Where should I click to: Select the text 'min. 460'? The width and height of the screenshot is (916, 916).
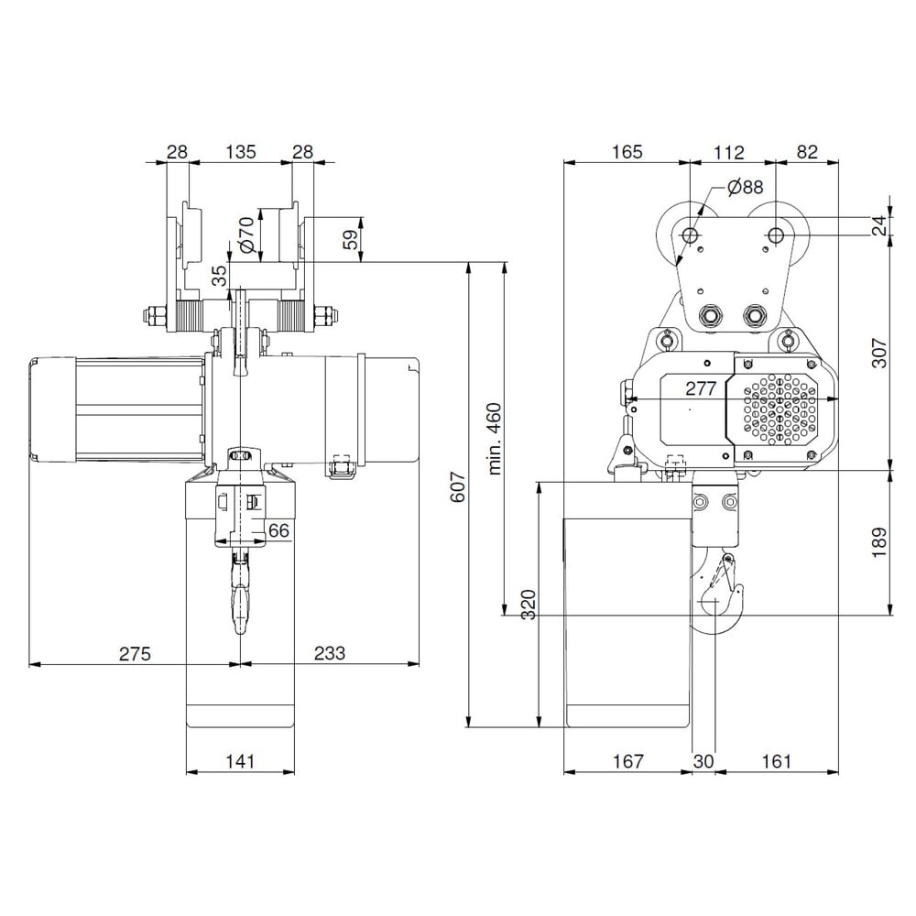(x=496, y=438)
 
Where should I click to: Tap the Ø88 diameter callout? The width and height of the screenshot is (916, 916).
(x=745, y=188)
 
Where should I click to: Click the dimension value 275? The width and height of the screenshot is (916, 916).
(x=134, y=653)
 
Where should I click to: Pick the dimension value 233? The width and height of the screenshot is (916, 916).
(x=330, y=653)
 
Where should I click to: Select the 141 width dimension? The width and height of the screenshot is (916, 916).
(x=240, y=761)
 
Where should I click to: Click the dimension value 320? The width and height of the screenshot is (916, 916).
(x=529, y=605)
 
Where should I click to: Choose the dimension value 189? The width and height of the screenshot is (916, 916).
(x=878, y=541)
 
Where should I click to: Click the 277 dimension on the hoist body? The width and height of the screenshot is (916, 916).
(x=701, y=388)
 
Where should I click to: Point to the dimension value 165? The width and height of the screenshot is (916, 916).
(x=627, y=152)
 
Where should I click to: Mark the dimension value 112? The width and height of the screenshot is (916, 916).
(x=729, y=152)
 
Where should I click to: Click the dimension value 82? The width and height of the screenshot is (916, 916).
(x=806, y=152)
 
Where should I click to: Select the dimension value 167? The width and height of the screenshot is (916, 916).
(x=627, y=761)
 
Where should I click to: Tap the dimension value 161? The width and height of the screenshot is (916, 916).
(x=774, y=761)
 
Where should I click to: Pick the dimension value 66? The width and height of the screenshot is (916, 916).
(x=278, y=530)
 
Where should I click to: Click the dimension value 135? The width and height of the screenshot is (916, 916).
(x=240, y=152)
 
